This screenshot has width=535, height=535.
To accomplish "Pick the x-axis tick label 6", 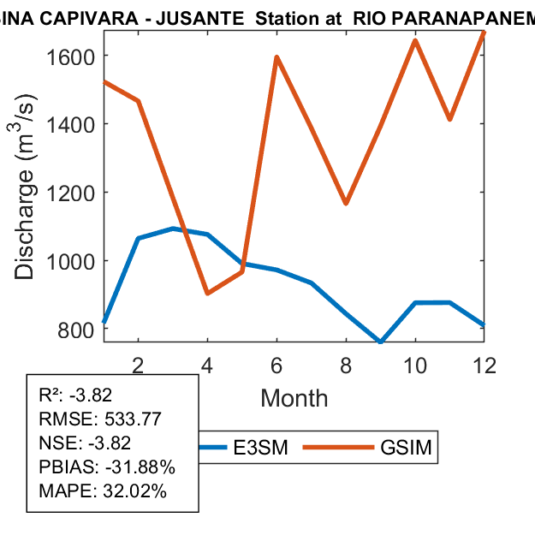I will (x=276, y=365).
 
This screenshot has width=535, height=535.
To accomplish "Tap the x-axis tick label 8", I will (x=346, y=365).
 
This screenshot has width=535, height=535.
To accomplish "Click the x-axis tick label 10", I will (x=414, y=365).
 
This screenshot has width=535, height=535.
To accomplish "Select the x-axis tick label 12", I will (x=484, y=365).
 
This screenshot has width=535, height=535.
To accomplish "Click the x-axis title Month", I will (x=294, y=398).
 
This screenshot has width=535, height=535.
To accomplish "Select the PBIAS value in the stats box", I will (x=137, y=467).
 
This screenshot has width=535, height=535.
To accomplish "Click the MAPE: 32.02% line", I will (x=103, y=491).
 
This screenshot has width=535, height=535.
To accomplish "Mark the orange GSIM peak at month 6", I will (x=276, y=57).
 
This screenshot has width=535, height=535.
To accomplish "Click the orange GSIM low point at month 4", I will (x=208, y=294).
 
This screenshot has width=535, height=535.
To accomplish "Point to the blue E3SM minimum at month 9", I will (x=380, y=342).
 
